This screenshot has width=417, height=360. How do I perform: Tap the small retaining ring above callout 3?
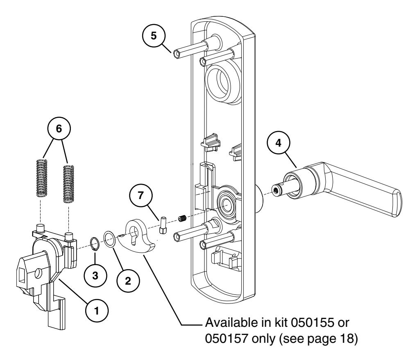point(94,243)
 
